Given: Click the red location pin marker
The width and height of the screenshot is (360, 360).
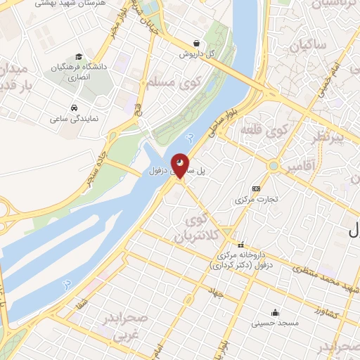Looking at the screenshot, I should pyautogui.click(x=180, y=166).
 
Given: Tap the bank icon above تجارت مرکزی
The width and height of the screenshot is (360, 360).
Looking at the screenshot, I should pyautogui.click(x=256, y=188).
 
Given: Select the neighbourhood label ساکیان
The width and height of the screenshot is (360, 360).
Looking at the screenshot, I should pyautogui.click(x=304, y=47).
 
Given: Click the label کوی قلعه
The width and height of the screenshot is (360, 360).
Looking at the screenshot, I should pyautogui.click(x=264, y=130).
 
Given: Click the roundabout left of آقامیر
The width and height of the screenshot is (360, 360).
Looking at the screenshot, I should pyautogui.click(x=273, y=166).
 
